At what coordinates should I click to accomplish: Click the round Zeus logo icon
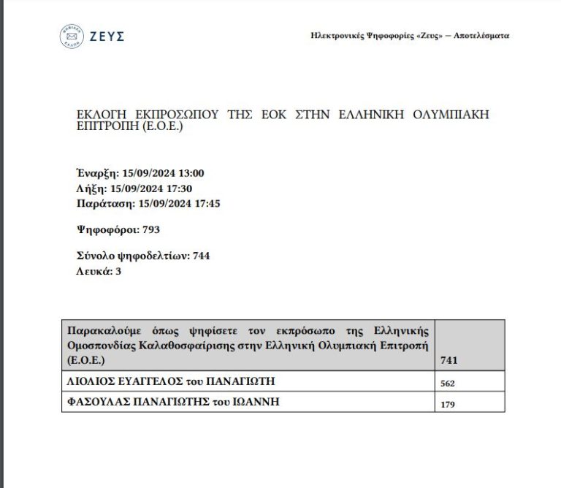point(72,36)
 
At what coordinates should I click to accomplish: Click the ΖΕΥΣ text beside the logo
point(107,37)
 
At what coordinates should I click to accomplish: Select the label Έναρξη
point(96,173)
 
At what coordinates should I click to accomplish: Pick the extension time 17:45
point(206,203)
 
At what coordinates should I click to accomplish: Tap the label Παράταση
point(102,203)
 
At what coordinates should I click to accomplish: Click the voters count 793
point(151,229)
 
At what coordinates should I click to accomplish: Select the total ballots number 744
point(202,256)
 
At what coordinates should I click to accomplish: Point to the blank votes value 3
point(118,270)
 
